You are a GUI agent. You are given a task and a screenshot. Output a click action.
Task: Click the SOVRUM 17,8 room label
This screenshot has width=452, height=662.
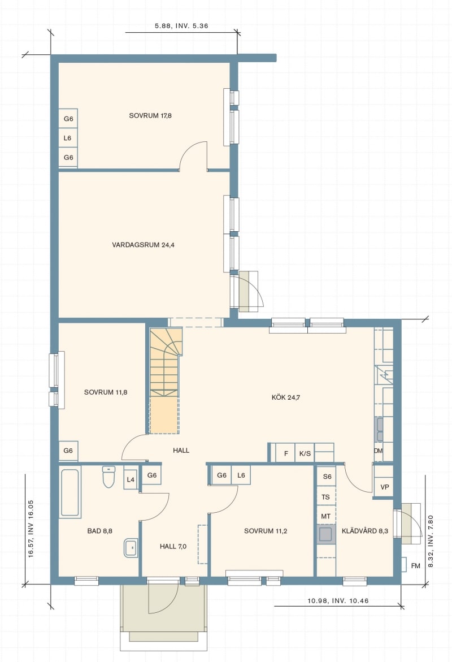click(150, 115)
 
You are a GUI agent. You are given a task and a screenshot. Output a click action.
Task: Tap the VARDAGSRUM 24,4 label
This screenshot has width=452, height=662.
click(143, 244)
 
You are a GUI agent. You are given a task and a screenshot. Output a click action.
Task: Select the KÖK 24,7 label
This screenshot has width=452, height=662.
click(286, 397)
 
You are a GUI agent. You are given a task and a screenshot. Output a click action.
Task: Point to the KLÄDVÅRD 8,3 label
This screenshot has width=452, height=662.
click(365, 531)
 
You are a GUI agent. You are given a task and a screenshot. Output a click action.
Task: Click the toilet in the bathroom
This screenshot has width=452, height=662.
click(109, 477)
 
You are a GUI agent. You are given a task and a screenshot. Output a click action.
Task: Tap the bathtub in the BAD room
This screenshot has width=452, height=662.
click(70, 493)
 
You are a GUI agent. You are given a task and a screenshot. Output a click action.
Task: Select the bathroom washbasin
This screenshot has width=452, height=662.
click(131, 548)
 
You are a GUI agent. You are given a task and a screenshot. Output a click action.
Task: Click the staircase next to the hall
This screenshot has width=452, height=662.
click(165, 381)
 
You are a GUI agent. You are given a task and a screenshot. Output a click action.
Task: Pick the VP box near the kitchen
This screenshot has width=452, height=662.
click(384, 487)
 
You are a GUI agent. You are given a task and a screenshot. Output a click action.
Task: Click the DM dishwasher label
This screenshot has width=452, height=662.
click(378, 451)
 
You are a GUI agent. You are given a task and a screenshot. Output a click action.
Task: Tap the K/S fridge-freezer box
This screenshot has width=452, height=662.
click(305, 453)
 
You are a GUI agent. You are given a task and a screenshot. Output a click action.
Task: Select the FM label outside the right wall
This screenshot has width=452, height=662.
click(416, 566)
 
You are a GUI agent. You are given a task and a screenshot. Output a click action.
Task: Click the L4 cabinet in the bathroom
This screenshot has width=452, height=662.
click(131, 479)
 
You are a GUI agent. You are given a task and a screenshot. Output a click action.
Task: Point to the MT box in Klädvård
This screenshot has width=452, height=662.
click(326, 516)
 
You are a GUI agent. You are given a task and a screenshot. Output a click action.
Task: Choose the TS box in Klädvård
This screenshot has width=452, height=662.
click(326, 497)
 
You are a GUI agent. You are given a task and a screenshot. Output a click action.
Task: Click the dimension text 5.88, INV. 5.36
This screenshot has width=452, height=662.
click(181, 26)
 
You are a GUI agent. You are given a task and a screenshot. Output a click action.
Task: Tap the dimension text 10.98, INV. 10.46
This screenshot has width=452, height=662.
click(338, 600)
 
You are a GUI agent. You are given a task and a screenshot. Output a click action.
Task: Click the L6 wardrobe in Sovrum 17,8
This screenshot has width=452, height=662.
click(68, 137)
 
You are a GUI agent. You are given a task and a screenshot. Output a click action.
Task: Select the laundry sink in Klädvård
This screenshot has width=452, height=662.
click(325, 534)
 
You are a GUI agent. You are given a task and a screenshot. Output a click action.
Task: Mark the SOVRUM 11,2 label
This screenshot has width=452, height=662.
click(266, 531)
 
